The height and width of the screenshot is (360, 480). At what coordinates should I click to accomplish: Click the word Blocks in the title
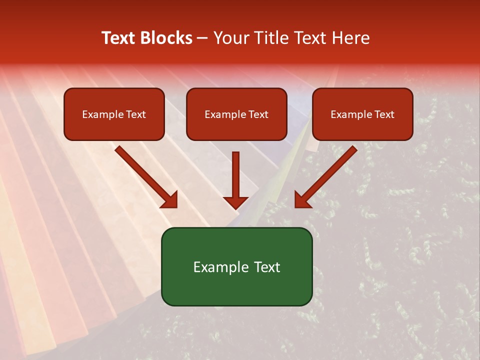[166, 38]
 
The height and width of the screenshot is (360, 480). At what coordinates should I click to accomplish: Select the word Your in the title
[230, 38]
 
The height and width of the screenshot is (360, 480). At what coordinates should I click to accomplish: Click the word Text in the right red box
[384, 114]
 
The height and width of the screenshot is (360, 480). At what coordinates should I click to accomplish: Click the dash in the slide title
[203, 38]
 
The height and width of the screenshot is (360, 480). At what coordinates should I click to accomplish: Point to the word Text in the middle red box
[258, 114]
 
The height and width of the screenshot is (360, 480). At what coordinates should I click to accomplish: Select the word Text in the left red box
[136, 114]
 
